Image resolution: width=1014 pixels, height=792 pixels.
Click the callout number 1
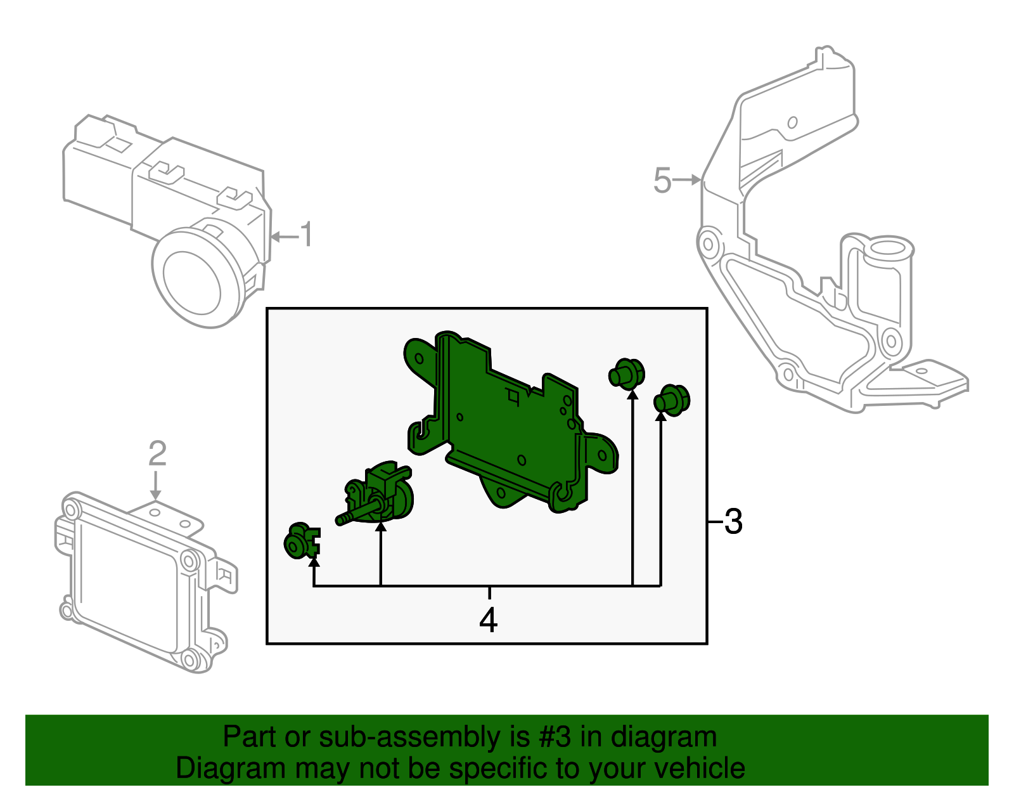pos(306,235)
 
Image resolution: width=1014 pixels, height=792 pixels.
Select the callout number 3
pos(733,522)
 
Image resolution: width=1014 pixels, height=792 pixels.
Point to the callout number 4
pos(489,620)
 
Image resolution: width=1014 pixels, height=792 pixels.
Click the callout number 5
pos(662,181)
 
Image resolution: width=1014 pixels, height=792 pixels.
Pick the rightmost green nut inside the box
pos(672,399)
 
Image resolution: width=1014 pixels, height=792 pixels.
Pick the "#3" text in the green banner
pos(555,737)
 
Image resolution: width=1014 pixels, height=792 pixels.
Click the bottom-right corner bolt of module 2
pos(189,660)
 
